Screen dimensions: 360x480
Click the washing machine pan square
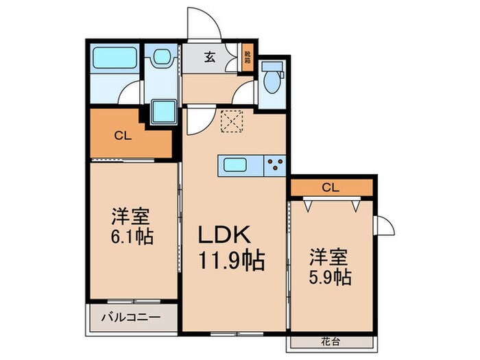click(x=163, y=110)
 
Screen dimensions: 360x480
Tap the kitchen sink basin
click(x=237, y=165)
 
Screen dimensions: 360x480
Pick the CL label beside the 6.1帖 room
click(x=123, y=135)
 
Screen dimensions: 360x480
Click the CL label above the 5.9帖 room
click(x=330, y=187)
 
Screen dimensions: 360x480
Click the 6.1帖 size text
click(x=132, y=237)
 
